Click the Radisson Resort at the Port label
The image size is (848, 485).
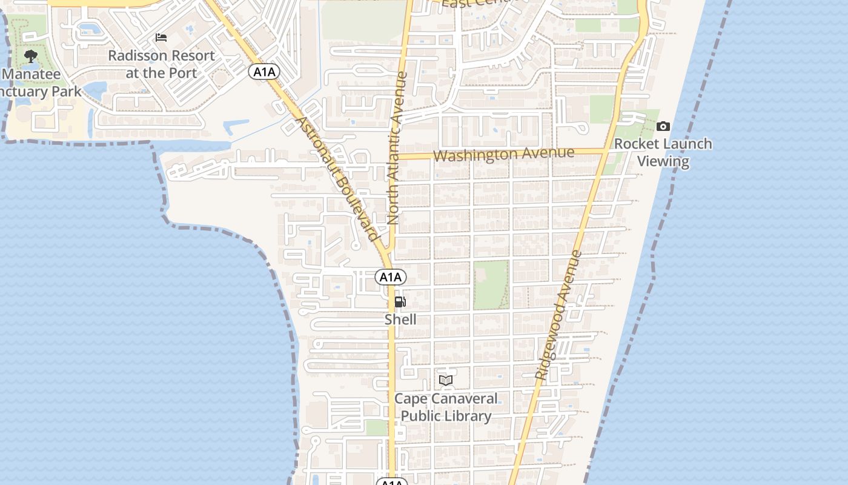point(161,64)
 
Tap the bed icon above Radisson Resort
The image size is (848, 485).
point(161,38)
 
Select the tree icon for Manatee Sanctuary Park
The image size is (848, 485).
point(31,57)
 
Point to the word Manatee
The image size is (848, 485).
point(31,75)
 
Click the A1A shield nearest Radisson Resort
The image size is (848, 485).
point(264,72)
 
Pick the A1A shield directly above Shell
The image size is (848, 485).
point(391,277)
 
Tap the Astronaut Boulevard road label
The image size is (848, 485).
point(336,179)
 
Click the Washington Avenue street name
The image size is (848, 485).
point(503,154)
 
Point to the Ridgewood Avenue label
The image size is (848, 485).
point(558,315)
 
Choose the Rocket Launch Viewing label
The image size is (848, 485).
point(663,152)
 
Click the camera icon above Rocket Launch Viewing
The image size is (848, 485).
point(663,127)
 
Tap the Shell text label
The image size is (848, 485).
point(400,319)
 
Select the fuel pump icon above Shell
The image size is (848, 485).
point(400,302)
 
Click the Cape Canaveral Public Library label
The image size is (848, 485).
point(446,407)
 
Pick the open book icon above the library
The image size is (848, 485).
point(446,380)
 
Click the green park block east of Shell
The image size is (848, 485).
point(491,284)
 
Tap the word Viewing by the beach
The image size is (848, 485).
point(663,161)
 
